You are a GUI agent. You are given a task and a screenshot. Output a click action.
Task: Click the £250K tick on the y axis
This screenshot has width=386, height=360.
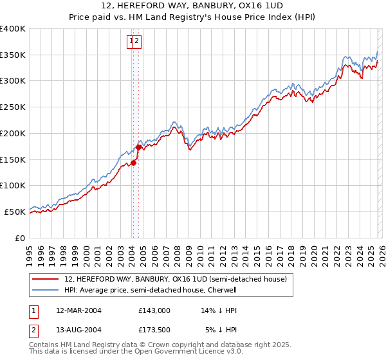[x=13, y=107]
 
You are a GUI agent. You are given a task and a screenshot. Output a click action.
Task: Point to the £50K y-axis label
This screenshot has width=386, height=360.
[x=15, y=212]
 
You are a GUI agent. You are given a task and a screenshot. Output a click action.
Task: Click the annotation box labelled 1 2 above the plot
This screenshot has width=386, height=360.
[x=134, y=42]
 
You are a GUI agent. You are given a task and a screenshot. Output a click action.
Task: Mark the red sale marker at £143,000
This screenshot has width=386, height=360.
[x=134, y=163]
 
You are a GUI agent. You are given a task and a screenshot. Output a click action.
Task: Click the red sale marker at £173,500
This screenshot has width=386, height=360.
[x=138, y=147]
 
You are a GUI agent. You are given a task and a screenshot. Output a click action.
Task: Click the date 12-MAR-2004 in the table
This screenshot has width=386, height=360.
[x=78, y=310]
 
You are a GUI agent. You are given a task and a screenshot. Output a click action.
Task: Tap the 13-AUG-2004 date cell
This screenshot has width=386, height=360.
[x=78, y=331]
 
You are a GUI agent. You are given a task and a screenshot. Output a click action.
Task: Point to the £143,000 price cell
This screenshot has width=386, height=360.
[x=154, y=310]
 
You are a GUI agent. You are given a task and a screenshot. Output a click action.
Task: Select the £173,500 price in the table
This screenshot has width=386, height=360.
[x=154, y=331]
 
